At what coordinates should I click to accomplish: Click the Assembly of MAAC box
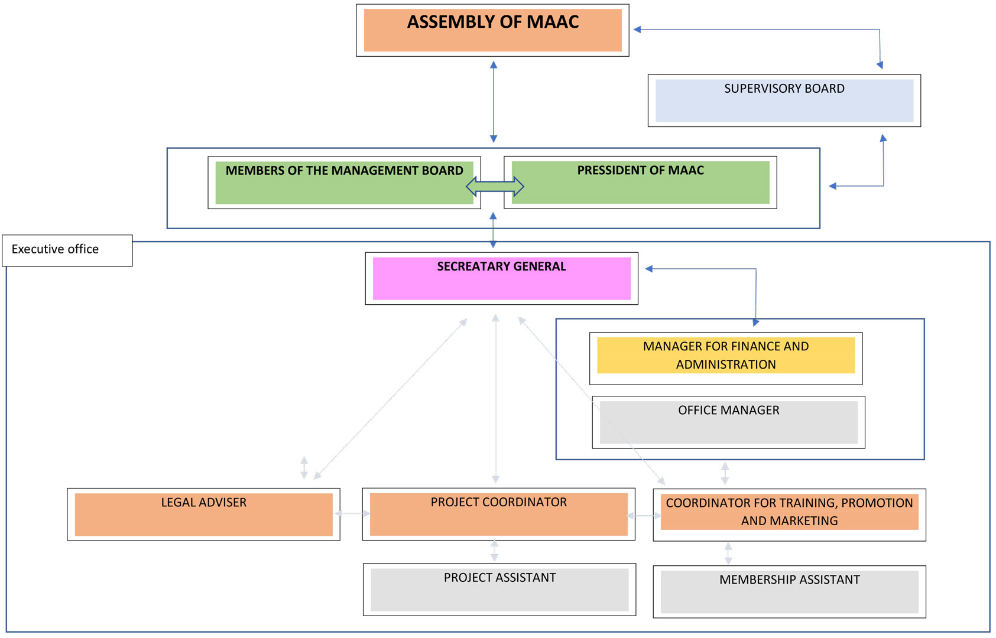(x=492, y=31)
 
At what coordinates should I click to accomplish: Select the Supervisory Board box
(x=784, y=100)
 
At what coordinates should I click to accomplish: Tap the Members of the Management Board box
(x=344, y=183)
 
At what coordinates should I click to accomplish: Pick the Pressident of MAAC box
(x=640, y=183)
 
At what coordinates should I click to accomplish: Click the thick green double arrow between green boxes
(x=495, y=187)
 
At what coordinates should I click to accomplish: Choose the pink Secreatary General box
(x=501, y=278)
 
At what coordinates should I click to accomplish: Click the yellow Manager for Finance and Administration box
(x=726, y=356)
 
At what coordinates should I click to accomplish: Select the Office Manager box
(x=728, y=422)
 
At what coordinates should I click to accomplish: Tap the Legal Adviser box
(x=203, y=514)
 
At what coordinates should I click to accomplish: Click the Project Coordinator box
(x=498, y=514)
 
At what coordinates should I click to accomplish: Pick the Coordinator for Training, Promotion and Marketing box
(x=789, y=512)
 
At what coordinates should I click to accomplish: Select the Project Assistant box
(x=499, y=590)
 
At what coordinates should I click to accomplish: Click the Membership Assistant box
(x=789, y=591)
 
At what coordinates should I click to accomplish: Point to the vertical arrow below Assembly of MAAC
(x=494, y=102)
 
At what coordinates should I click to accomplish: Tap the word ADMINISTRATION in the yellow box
(x=726, y=364)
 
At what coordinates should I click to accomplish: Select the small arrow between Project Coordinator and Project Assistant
(x=495, y=551)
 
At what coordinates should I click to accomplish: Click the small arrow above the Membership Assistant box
(x=728, y=554)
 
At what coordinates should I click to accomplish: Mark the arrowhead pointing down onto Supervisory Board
(x=880, y=65)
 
